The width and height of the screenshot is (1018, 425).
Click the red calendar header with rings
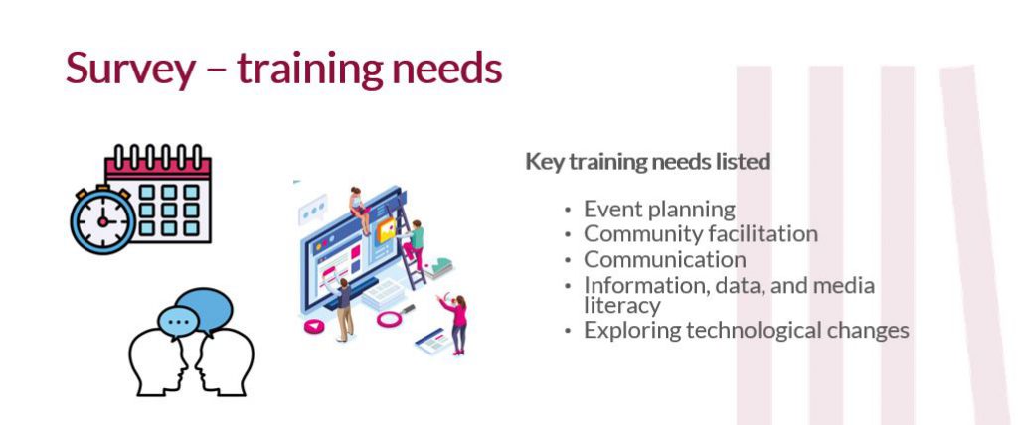pyautogui.click(x=158, y=162)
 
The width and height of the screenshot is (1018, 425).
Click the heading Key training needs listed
pyautogui.click(x=647, y=161)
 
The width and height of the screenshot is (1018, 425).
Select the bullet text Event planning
pyautogui.click(x=659, y=210)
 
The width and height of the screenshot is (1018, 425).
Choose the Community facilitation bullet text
pyautogui.click(x=700, y=234)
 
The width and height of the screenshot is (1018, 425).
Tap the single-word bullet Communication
pyautogui.click(x=664, y=260)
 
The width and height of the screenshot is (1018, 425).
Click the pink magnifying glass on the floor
pyautogui.click(x=387, y=318)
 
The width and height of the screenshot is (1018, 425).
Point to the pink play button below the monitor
pyautogui.click(x=317, y=325)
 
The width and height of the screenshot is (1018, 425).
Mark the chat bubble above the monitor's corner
pyautogui.click(x=314, y=210)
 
